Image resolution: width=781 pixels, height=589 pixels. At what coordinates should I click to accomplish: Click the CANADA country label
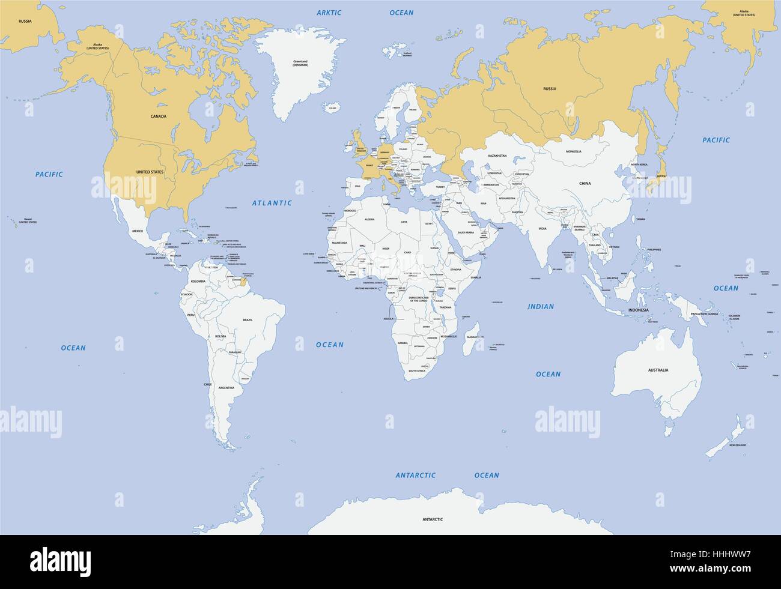click(159, 116)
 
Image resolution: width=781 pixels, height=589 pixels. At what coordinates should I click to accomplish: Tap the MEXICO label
click(138, 231)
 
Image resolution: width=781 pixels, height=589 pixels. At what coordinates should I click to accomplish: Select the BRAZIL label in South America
click(248, 321)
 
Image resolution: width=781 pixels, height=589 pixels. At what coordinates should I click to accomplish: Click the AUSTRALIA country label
click(658, 370)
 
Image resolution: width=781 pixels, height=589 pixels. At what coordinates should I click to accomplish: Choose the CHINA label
click(585, 183)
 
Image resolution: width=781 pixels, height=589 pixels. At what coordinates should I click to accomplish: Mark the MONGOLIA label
click(574, 151)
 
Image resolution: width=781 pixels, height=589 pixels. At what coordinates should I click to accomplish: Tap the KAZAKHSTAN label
click(497, 156)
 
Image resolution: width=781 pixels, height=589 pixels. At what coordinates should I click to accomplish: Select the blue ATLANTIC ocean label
click(272, 203)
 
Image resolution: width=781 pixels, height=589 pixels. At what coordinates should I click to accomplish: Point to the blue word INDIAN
click(540, 307)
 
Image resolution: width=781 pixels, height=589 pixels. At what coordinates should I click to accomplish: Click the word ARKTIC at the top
click(329, 13)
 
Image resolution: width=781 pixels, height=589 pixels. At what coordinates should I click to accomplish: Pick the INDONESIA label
click(638, 310)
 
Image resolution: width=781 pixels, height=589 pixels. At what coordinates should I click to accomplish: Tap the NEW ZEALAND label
click(738, 446)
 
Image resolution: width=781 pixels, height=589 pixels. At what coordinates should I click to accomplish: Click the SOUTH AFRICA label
click(417, 371)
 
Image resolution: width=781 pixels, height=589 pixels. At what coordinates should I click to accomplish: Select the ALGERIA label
click(370, 220)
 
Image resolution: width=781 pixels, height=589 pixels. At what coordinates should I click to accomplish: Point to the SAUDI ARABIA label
click(466, 232)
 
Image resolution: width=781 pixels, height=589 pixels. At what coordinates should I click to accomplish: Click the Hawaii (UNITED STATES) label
click(28, 220)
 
